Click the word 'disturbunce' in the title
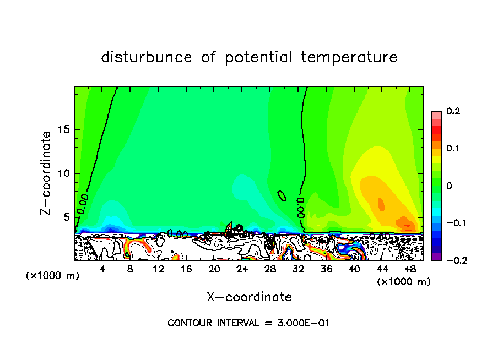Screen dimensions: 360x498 point(147,57)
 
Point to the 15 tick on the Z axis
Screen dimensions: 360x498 point(66,129)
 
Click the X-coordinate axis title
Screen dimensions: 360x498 point(249,297)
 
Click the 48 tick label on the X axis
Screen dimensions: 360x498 point(410,269)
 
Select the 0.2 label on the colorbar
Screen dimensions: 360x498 point(453,111)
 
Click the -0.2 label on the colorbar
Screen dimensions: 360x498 point(454,260)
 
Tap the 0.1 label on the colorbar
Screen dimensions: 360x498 point(453,148)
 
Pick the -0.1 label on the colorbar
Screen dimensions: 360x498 point(454,223)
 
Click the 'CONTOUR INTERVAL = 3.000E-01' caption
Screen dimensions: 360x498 point(248,323)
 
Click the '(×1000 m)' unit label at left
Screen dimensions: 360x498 point(52,276)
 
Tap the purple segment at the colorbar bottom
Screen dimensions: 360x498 point(437,256)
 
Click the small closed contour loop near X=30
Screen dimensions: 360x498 point(282,195)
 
